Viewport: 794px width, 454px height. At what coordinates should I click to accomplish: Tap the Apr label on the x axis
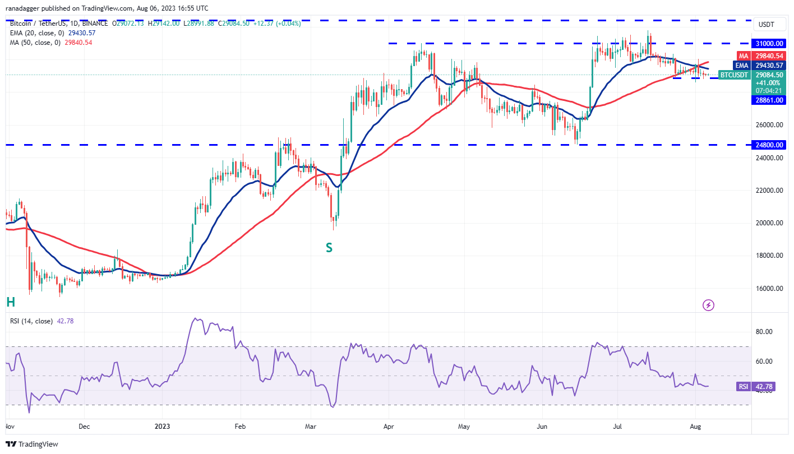pos(388,426)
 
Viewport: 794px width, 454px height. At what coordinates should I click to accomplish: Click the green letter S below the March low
pos(329,247)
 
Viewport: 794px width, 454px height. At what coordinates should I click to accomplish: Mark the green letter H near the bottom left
pos(10,303)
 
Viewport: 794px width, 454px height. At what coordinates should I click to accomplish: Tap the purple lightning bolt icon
pos(709,305)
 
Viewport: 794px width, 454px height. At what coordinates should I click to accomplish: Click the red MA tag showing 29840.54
pos(743,56)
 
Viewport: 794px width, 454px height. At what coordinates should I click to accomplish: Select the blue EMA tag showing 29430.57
pos(743,65)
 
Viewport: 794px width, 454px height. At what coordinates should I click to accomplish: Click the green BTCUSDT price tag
pos(734,75)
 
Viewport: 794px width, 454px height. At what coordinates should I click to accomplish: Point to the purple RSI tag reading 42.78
pos(742,386)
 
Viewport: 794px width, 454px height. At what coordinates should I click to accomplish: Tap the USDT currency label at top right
pos(766,25)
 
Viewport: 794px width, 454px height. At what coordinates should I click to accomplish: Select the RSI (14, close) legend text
pos(31,321)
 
